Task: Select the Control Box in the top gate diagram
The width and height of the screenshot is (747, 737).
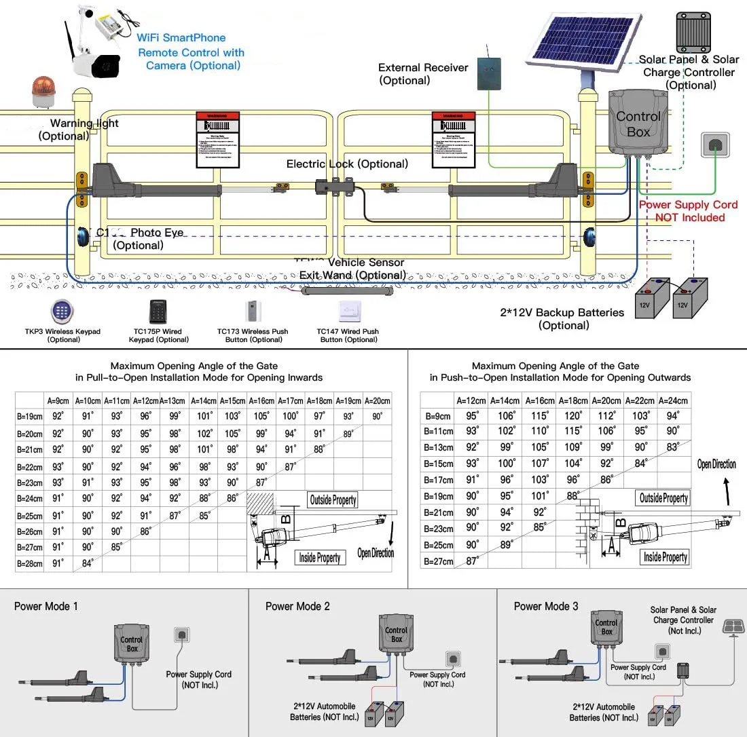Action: [x=637, y=124]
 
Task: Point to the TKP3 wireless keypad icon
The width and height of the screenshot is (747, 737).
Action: [x=62, y=311]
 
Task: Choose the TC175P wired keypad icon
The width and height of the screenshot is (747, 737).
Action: [x=159, y=311]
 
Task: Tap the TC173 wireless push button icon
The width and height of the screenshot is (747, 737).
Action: [x=253, y=311]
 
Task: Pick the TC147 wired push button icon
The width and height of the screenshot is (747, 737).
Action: [x=348, y=311]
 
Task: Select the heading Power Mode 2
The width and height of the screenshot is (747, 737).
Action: [x=297, y=606]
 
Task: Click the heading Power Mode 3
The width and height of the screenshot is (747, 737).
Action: [x=546, y=606]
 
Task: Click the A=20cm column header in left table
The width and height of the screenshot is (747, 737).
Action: [x=377, y=400]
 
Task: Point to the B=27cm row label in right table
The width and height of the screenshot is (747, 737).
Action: [x=438, y=561]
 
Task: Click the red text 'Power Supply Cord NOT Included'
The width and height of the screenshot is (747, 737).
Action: [x=688, y=211]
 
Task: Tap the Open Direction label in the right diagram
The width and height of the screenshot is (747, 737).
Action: [x=716, y=464]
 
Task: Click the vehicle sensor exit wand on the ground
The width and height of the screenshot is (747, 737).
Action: [x=348, y=290]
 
